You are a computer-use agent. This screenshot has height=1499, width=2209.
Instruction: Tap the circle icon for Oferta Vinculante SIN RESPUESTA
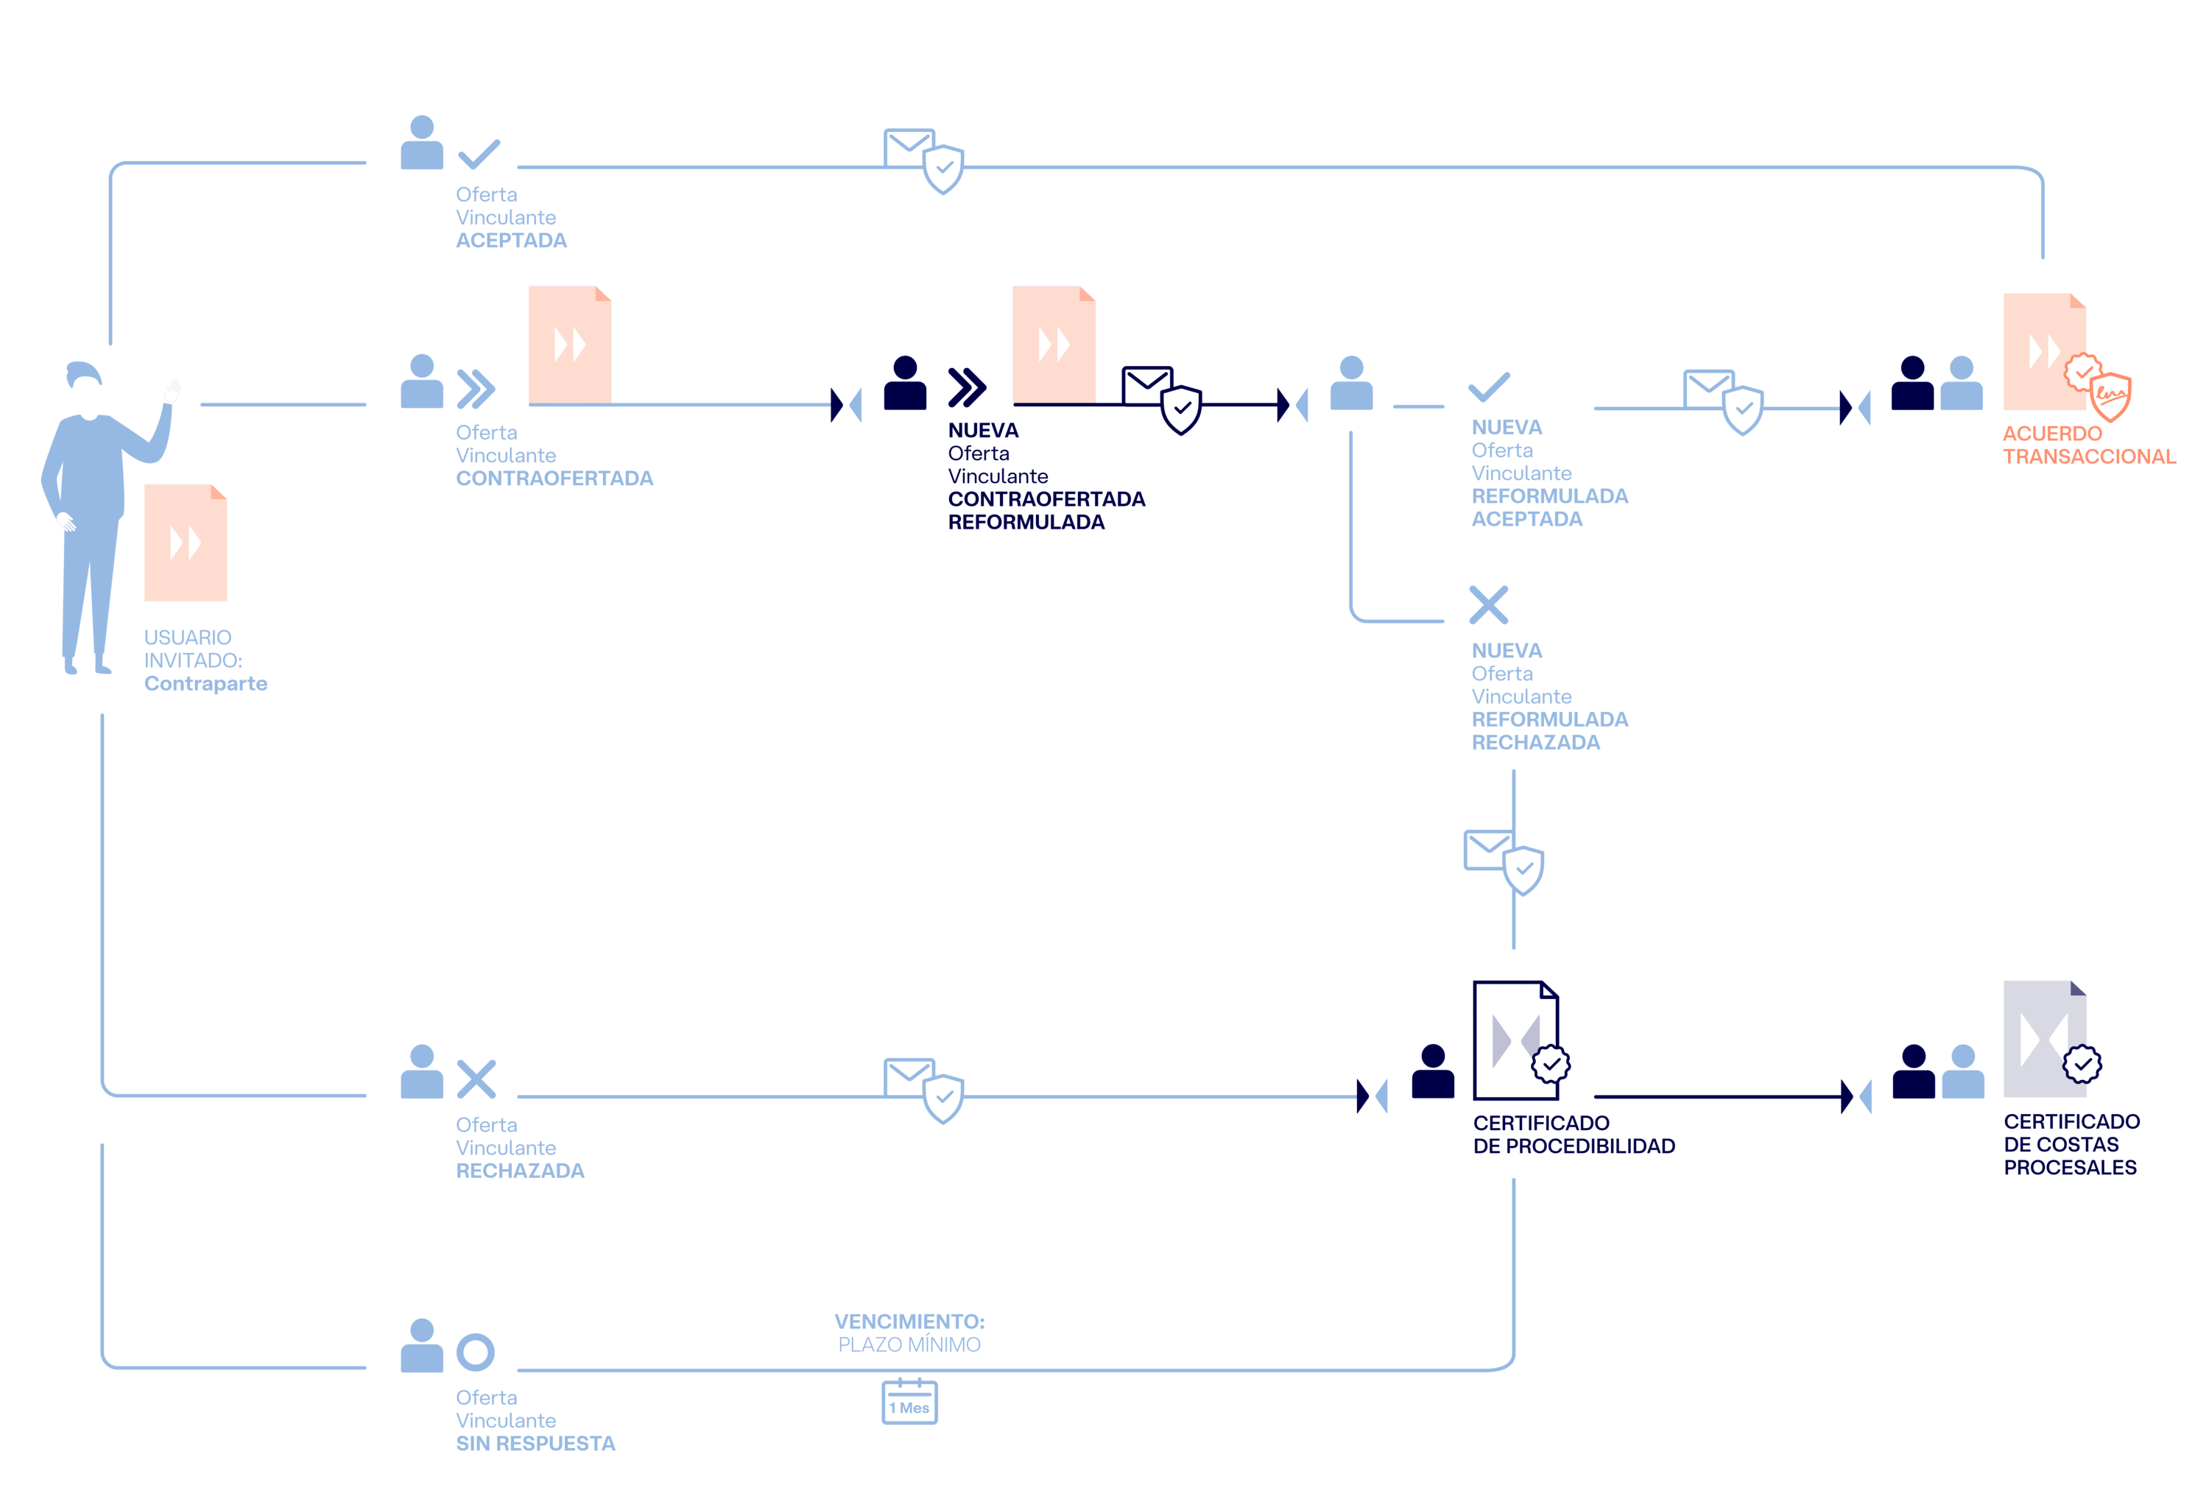click(475, 1352)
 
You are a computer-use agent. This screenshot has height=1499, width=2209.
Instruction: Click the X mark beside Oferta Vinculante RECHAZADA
click(476, 1079)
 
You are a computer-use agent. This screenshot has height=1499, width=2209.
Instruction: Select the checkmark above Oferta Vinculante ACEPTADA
click(479, 154)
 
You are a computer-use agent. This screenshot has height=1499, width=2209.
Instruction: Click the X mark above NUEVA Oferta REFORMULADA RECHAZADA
click(1489, 604)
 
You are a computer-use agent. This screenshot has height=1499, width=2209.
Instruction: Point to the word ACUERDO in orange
click(2052, 434)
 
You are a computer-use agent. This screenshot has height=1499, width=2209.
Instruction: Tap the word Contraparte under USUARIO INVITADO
click(205, 683)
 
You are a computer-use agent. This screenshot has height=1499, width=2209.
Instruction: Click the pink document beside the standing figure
click(186, 543)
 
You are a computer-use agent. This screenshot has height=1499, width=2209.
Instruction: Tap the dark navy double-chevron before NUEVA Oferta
click(967, 387)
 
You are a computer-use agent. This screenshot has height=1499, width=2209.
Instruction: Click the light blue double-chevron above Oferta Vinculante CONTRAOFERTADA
click(475, 388)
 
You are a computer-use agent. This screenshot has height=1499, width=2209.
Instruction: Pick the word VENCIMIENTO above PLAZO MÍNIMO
click(909, 1322)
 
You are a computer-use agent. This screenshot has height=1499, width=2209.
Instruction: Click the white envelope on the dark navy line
click(1146, 385)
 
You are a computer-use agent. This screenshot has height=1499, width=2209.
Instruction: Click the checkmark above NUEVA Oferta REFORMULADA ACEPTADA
click(1489, 387)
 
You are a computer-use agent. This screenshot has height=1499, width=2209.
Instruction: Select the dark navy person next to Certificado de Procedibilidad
click(1432, 1071)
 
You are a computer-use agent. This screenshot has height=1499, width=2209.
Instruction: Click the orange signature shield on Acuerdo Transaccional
click(2111, 395)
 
